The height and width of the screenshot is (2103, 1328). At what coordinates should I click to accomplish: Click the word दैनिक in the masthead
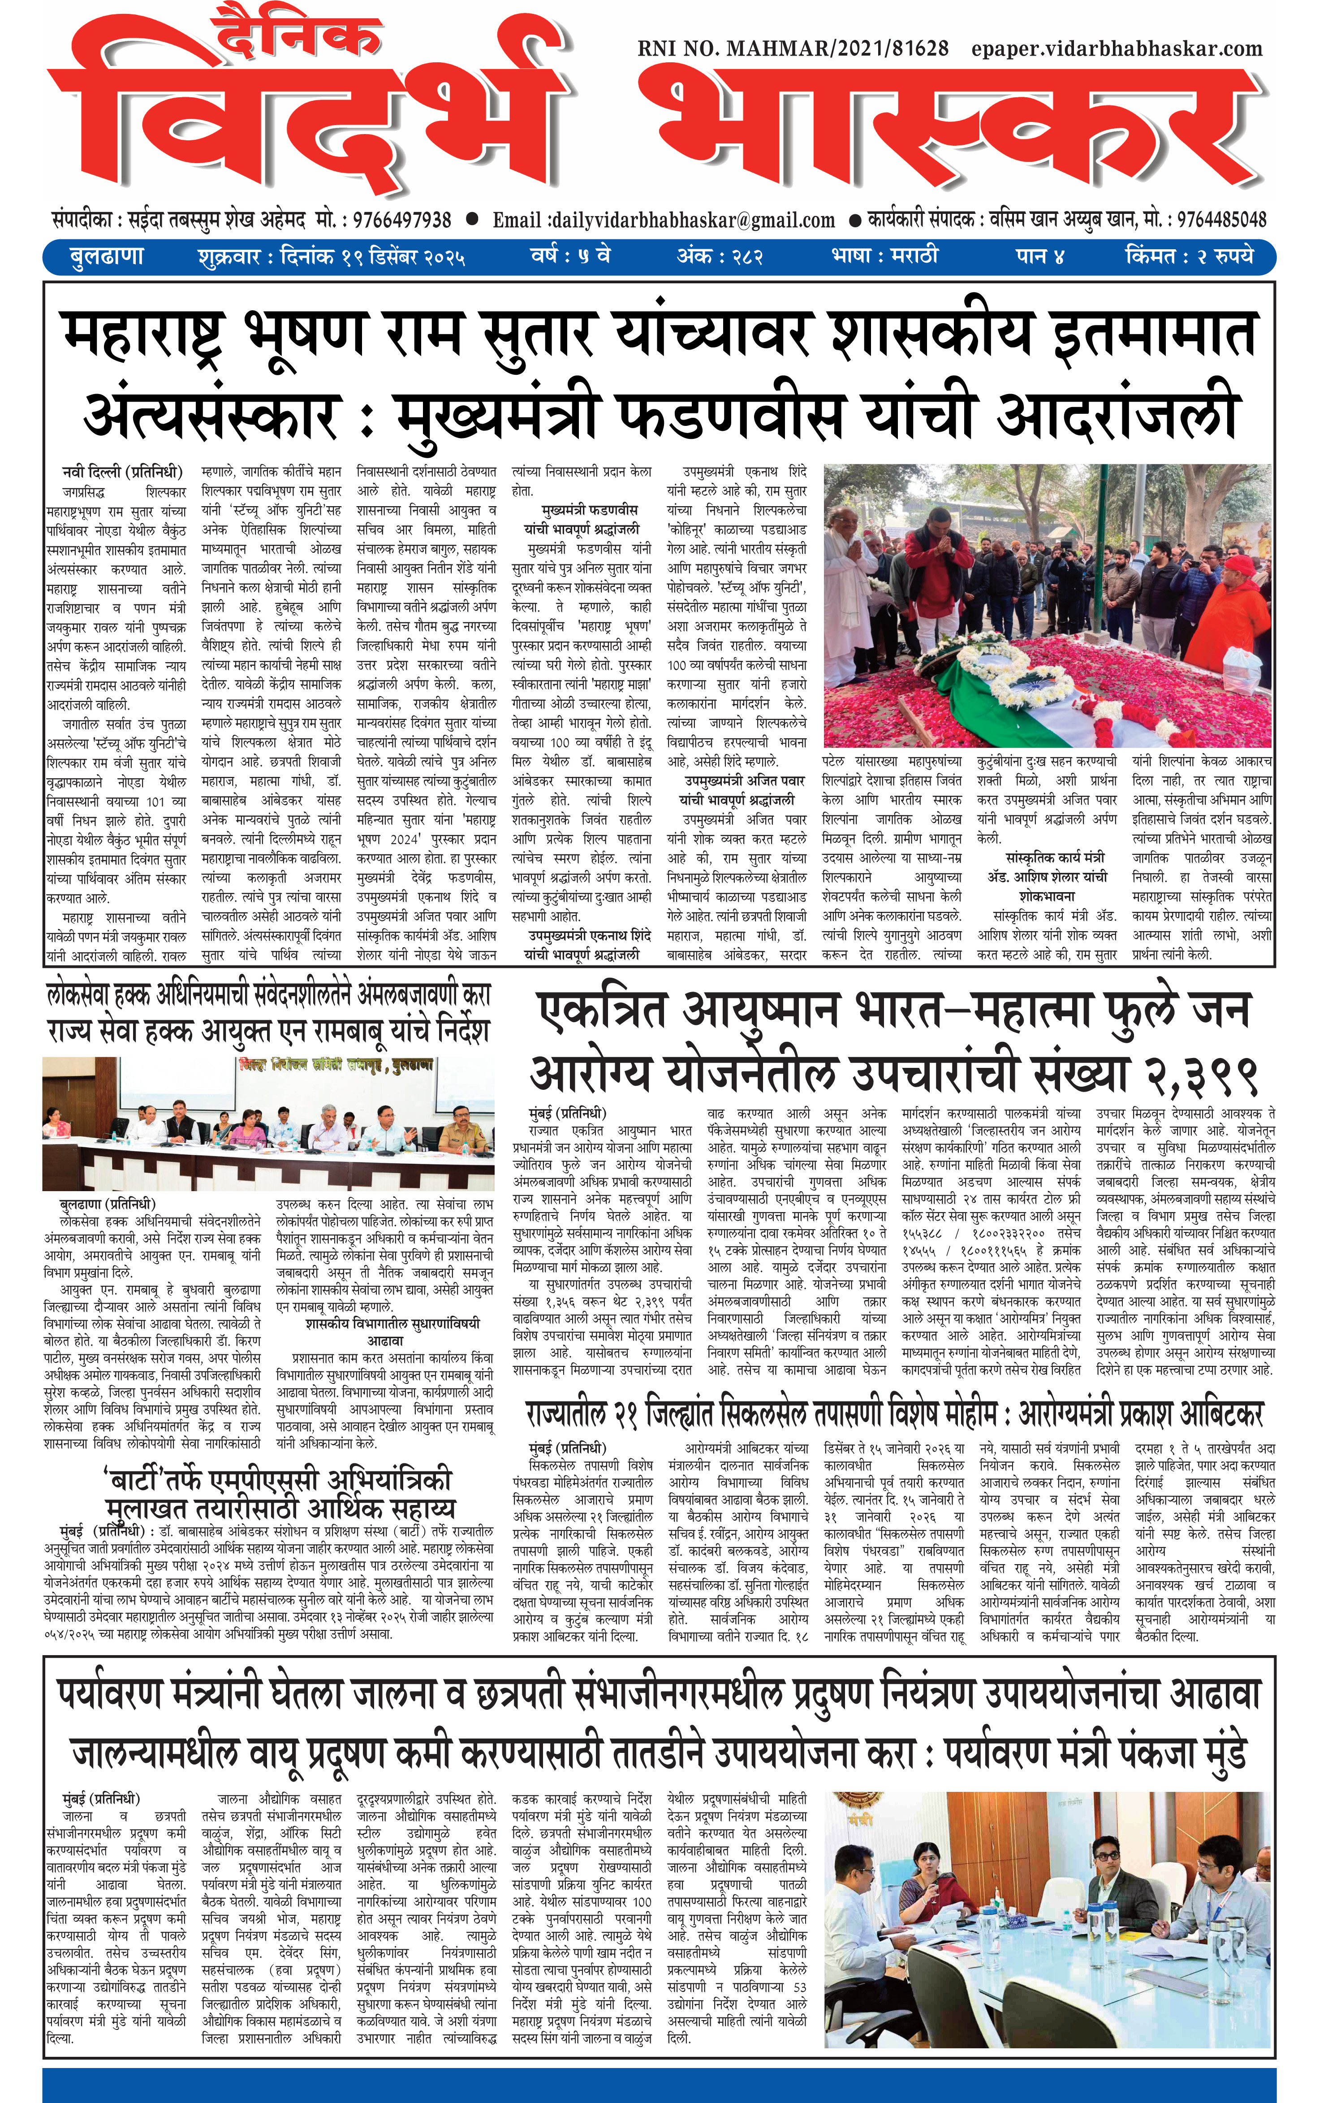297,37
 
